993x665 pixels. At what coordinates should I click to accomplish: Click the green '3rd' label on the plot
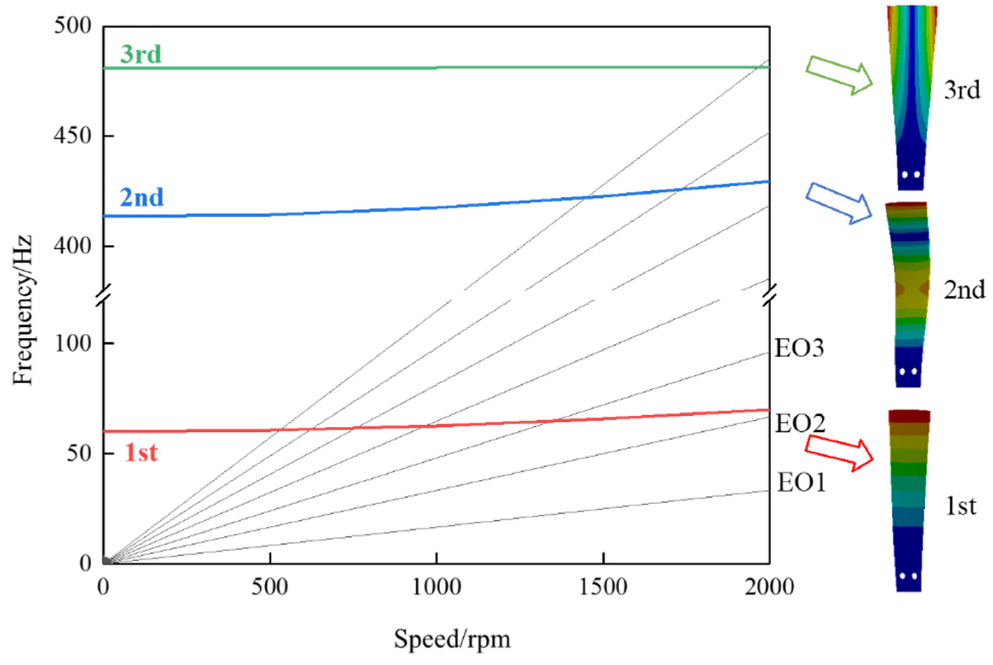click(141, 54)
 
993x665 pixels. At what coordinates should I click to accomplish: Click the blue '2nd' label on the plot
click(142, 197)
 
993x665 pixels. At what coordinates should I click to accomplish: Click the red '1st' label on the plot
click(141, 452)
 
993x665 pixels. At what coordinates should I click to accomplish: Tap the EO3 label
click(799, 348)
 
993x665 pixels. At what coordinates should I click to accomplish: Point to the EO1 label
click(801, 483)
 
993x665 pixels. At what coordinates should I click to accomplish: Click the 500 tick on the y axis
click(73, 26)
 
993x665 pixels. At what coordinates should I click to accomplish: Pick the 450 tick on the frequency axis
click(73, 136)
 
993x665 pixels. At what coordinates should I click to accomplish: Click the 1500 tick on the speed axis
click(603, 587)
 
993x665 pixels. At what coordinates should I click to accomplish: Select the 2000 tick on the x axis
click(769, 587)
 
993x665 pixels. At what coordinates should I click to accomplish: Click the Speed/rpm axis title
click(452, 639)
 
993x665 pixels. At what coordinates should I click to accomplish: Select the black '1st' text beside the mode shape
click(961, 506)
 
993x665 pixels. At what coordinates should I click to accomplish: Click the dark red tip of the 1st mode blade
click(909, 416)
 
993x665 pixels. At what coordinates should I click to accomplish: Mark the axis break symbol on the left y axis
click(103, 295)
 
